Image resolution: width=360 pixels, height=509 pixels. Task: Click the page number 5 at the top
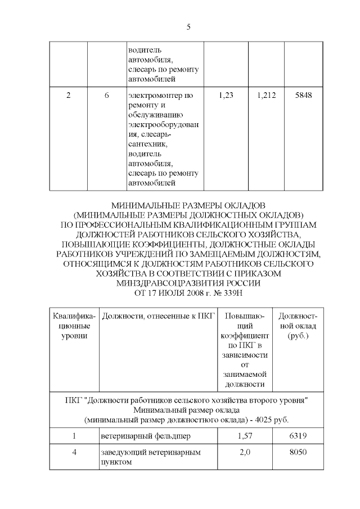point(188,26)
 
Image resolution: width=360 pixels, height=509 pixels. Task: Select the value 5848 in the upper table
point(304,96)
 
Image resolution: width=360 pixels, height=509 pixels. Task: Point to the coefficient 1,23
point(225,96)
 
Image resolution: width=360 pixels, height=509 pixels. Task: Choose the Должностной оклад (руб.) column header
point(297,326)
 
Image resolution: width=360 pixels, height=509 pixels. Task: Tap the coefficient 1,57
point(244,435)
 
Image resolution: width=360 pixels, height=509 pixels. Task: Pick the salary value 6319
point(297,435)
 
